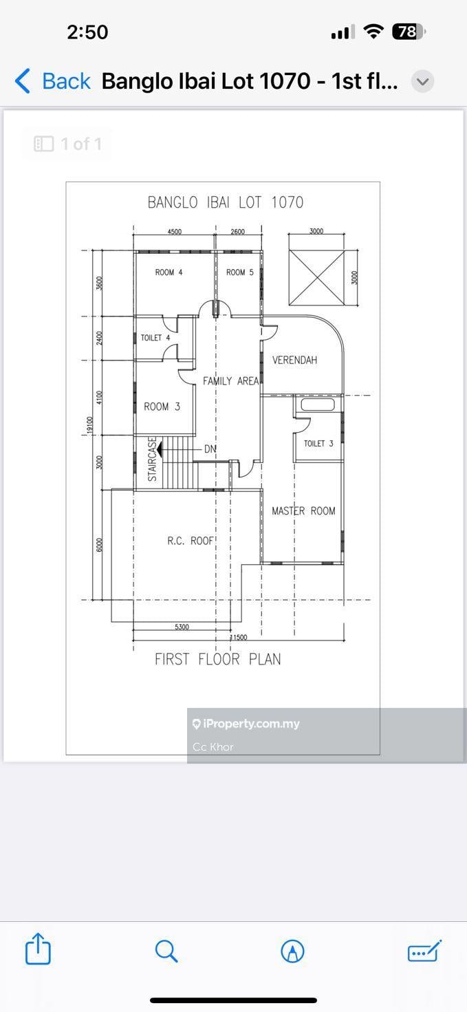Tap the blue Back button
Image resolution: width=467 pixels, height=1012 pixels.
click(x=53, y=81)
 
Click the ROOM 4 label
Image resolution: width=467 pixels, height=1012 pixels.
click(x=169, y=272)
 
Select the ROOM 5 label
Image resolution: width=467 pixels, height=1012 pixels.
click(x=240, y=272)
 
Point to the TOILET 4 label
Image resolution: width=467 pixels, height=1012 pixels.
click(x=155, y=338)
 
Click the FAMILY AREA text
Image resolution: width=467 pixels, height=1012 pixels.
click(x=231, y=381)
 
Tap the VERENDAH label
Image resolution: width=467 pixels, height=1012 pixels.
click(x=294, y=360)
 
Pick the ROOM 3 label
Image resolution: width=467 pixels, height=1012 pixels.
click(x=162, y=407)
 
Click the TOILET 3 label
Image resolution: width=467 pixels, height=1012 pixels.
click(x=318, y=444)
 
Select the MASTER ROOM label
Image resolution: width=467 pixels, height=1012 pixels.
click(x=303, y=511)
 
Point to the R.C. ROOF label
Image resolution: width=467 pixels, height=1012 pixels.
click(x=190, y=541)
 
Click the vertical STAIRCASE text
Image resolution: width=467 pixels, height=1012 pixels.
click(x=152, y=459)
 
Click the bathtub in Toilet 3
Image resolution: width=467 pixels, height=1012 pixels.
click(x=318, y=404)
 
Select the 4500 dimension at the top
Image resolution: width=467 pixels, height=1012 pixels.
click(x=174, y=232)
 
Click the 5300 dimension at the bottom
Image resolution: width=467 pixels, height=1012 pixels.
click(x=182, y=627)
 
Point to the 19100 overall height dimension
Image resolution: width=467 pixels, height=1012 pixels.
click(x=89, y=425)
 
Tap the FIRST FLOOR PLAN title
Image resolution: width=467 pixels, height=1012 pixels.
click(x=218, y=659)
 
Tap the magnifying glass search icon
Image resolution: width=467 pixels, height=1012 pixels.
click(x=166, y=951)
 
